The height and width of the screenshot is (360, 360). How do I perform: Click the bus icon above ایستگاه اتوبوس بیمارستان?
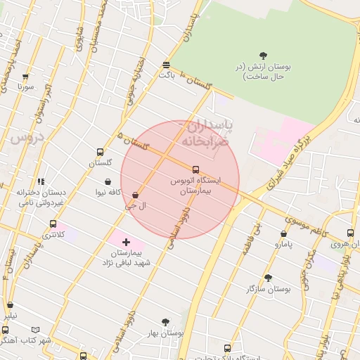195,169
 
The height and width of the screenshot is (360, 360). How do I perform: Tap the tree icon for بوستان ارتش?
263,56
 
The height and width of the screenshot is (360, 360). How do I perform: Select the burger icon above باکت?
167,64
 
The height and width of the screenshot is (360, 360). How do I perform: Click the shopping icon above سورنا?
26,77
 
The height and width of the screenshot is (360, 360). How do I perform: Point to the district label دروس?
27,137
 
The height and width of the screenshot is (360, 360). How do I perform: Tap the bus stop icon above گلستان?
101,152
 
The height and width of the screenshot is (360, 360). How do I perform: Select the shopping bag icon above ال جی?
135,195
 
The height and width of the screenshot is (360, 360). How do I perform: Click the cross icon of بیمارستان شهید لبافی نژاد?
126,242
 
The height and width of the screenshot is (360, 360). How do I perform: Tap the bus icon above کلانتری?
53,224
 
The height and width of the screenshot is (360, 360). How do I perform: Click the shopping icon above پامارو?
283,234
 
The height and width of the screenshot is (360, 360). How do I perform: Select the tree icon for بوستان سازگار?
268,278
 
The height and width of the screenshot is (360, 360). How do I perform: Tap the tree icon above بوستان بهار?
165,322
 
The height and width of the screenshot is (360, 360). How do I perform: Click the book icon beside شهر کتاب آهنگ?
36,330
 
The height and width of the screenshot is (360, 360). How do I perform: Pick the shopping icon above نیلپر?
10,305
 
